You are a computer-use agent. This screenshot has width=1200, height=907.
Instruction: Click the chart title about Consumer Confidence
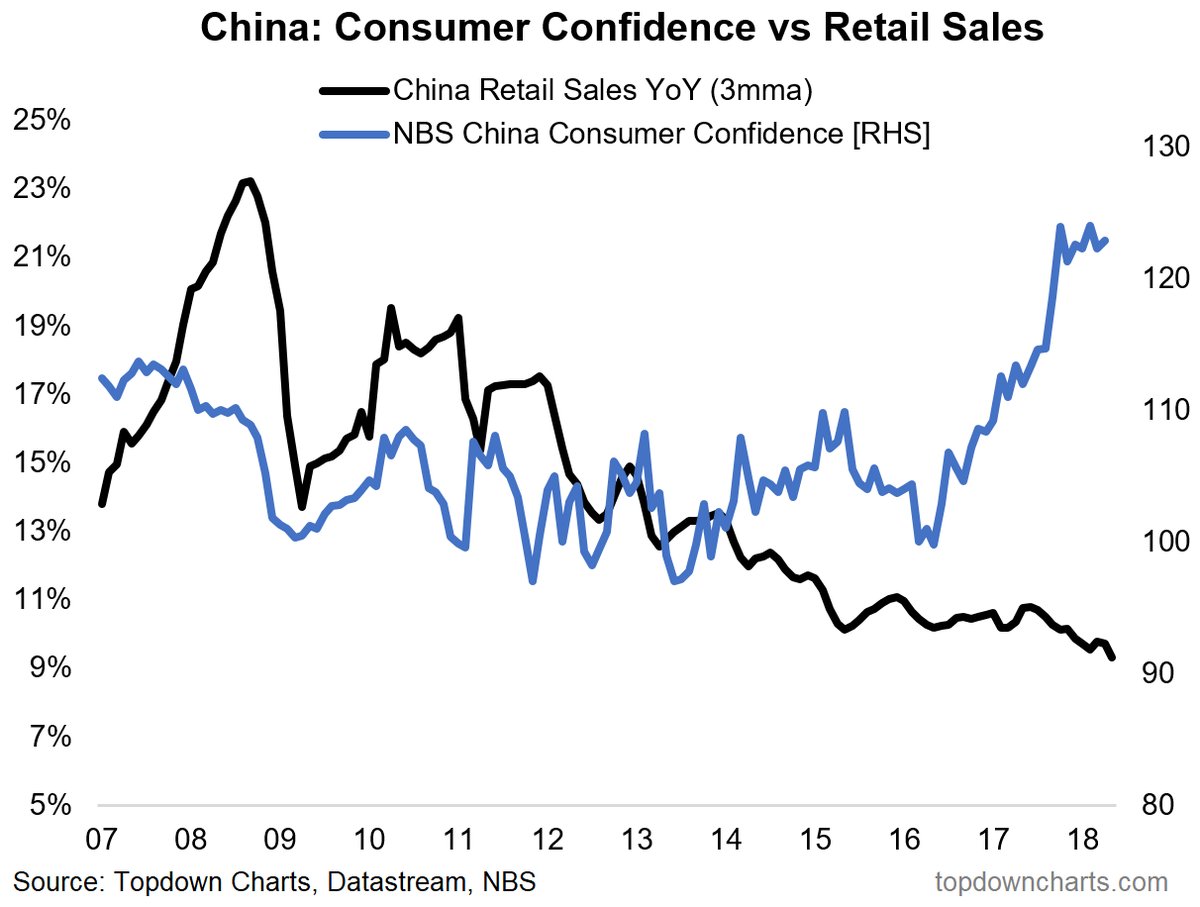click(x=621, y=28)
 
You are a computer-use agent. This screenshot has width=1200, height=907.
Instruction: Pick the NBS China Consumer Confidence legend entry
click(x=662, y=133)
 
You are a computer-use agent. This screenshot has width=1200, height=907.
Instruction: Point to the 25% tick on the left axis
click(x=42, y=120)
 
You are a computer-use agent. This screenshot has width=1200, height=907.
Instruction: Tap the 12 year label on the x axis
click(x=545, y=838)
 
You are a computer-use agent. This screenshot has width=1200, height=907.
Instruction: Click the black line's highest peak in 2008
click(x=247, y=181)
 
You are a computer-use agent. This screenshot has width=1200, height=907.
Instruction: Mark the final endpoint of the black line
click(x=1113, y=656)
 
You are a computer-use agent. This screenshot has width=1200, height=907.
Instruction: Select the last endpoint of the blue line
click(x=1107, y=240)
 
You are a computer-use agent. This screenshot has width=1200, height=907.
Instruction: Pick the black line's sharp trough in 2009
click(x=302, y=506)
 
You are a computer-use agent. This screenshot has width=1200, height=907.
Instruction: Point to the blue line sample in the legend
click(x=354, y=133)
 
